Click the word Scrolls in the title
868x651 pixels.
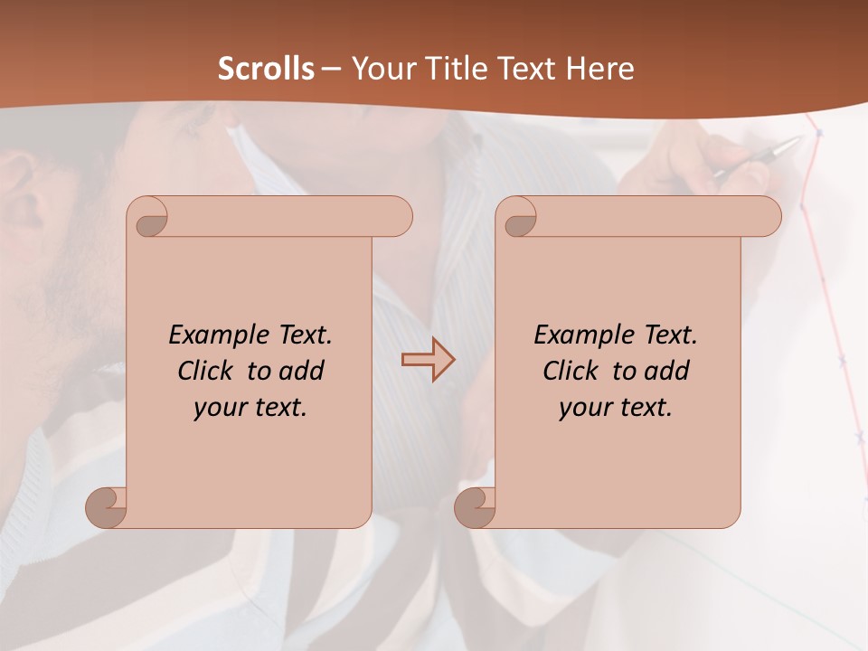point(266,69)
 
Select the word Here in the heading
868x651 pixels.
point(600,69)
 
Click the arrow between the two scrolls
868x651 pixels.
point(428,360)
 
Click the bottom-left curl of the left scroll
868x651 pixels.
point(107,506)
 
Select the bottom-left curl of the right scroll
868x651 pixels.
point(476,506)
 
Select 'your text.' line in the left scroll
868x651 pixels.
point(250,408)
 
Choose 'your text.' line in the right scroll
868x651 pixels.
point(616,408)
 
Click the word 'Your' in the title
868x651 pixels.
point(380,69)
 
